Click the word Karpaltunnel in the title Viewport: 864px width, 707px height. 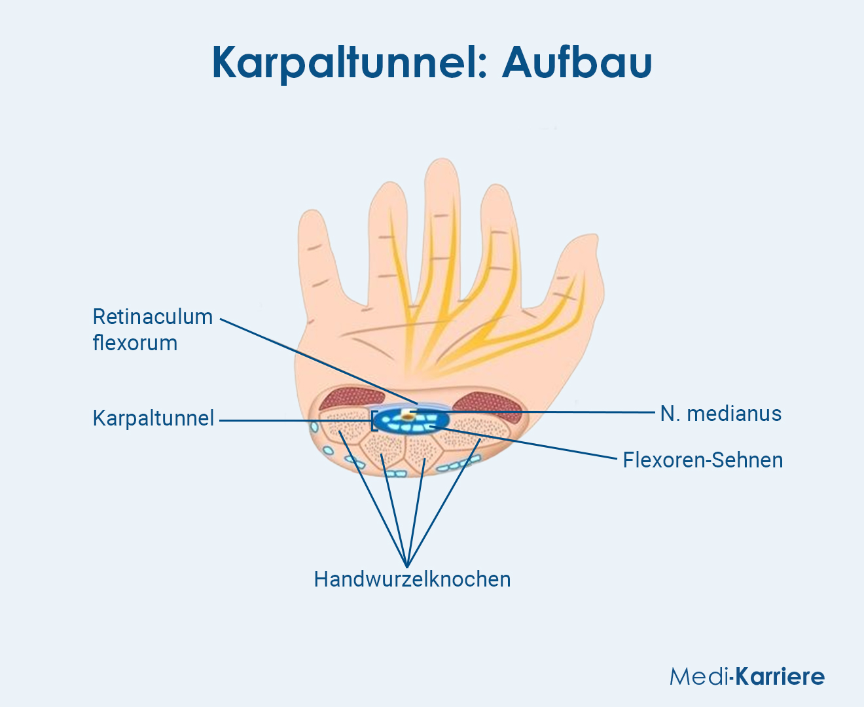pyautogui.click(x=350, y=63)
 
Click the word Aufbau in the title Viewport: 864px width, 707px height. pyautogui.click(x=577, y=63)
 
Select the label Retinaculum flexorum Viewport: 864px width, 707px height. pyautogui.click(x=153, y=329)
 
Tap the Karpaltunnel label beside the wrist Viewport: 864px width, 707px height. pyautogui.click(x=153, y=418)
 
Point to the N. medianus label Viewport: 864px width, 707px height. pyautogui.click(x=721, y=414)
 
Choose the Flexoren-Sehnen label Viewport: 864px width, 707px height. pyautogui.click(x=702, y=460)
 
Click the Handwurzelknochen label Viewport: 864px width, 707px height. pyautogui.click(x=412, y=579)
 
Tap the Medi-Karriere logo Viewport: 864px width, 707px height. pyautogui.click(x=747, y=676)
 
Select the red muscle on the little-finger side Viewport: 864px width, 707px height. pyautogui.click(x=351, y=400)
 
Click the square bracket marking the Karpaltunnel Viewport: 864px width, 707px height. pyautogui.click(x=373, y=421)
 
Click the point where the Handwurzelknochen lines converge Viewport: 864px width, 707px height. pyautogui.click(x=407, y=566)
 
